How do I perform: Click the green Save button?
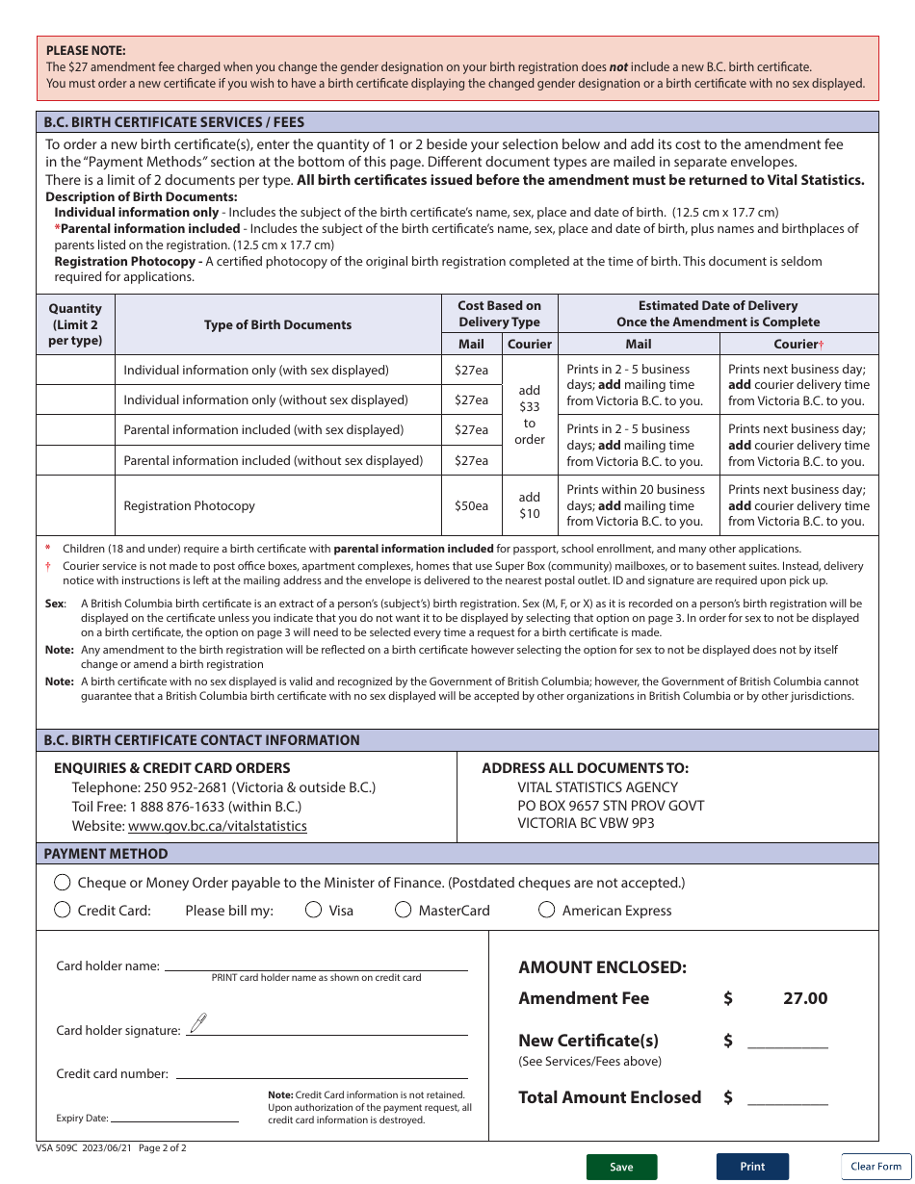pos(621,1167)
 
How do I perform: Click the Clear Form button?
pos(876,1167)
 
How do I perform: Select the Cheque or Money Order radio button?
pos(63,883)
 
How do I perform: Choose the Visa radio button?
pos(313,910)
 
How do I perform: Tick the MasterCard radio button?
pos(404,910)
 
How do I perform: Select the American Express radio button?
pos(546,910)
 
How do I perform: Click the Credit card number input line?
pos(322,1073)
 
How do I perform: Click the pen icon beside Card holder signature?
pos(198,1023)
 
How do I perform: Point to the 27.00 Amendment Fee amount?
pos(804,998)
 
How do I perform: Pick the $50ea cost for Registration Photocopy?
pos(471,505)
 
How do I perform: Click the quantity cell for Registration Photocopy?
pos(75,505)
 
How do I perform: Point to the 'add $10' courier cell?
pos(530,505)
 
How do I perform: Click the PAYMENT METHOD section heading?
pos(106,854)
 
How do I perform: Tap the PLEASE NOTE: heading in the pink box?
pos(86,50)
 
